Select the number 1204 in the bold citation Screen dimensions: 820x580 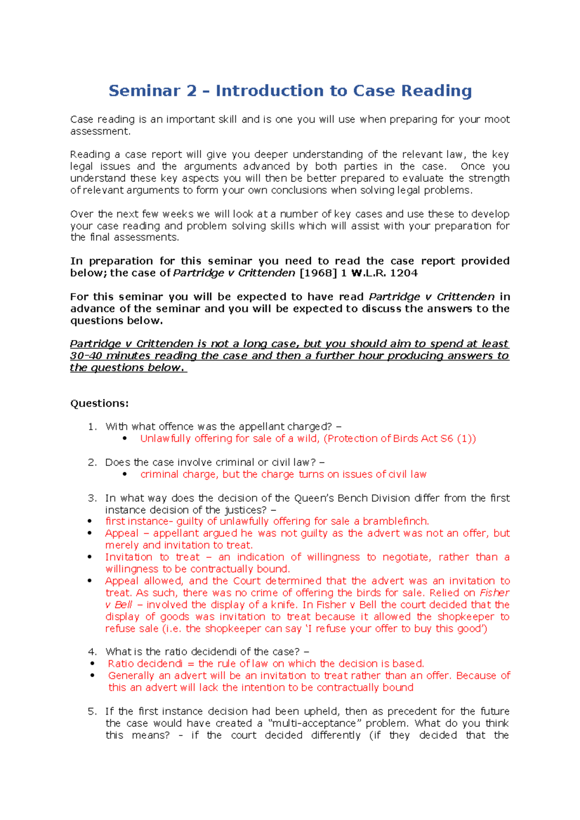(404, 273)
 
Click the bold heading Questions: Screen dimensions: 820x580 (100, 403)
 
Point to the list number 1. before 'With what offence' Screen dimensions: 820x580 (92, 426)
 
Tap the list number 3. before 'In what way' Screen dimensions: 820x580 (92, 498)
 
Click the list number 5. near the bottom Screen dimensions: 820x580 (92, 711)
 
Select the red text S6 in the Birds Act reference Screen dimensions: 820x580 (447, 438)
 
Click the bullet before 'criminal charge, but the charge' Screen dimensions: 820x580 (125, 474)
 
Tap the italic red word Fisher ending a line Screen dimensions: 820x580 (494, 593)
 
